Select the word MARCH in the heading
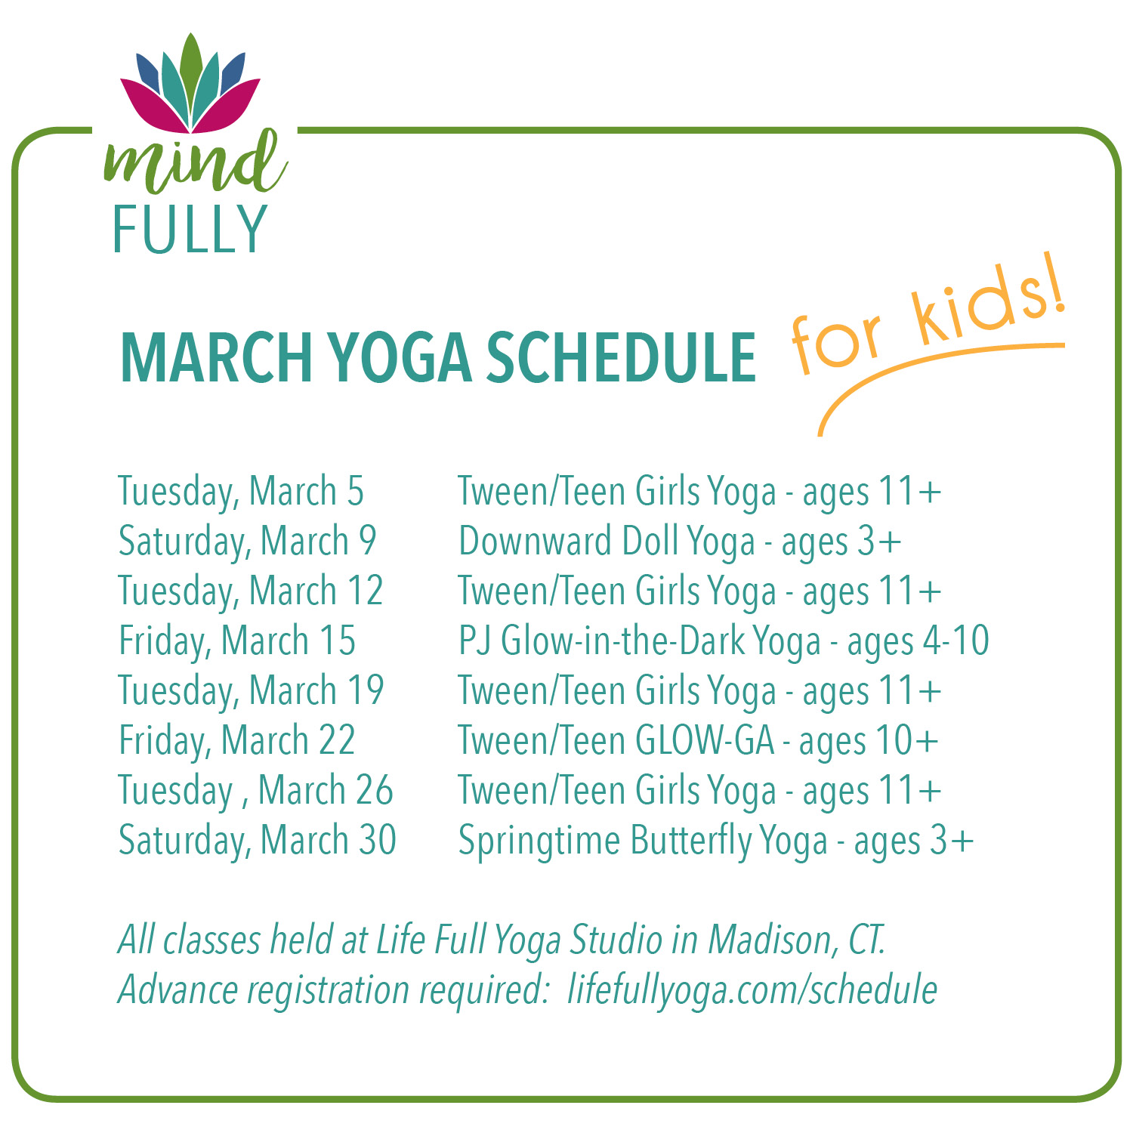[x=216, y=358]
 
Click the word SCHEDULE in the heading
[x=621, y=358]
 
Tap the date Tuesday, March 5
[x=241, y=492]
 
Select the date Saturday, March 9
[x=247, y=542]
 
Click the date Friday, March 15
[x=237, y=641]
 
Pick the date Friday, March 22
[x=237, y=741]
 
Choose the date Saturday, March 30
[x=257, y=841]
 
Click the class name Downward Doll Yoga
[x=607, y=542]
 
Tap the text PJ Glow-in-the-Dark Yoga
[x=639, y=641]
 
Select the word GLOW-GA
[x=705, y=741]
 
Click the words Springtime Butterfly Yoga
[x=643, y=841]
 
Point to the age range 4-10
[x=955, y=641]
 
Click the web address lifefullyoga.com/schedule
[x=752, y=989]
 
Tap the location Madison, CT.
[x=796, y=940]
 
